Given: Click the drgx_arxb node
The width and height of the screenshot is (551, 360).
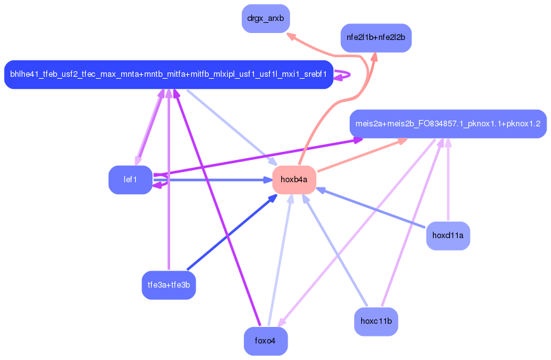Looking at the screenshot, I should [265, 18].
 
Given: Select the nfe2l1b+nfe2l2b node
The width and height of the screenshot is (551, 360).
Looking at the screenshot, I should [376, 38].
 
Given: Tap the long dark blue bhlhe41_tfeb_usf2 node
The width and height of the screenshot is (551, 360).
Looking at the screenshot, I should [168, 75].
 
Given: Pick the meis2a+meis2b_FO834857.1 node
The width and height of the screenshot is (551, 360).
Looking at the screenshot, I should [448, 123].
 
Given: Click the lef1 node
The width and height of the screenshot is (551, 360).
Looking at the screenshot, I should [130, 180].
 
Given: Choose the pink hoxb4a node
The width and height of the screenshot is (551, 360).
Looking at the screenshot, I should [294, 180].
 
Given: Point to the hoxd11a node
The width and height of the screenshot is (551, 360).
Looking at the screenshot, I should [448, 236].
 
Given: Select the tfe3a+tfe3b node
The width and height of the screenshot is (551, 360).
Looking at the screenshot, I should [168, 284].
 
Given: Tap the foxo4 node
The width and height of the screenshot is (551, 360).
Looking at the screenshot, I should [265, 341].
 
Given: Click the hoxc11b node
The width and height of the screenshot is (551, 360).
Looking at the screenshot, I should [376, 321].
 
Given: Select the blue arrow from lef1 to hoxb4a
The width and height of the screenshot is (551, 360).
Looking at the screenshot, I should [209, 180].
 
